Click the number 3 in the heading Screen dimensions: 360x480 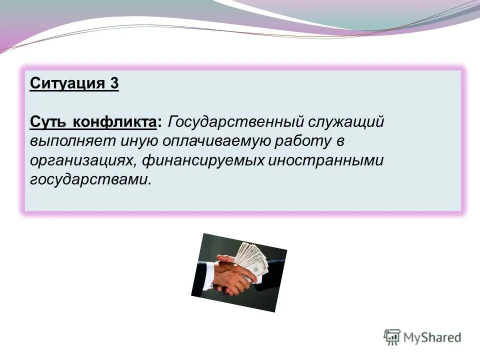(114, 82)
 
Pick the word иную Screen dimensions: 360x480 (136, 141)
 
